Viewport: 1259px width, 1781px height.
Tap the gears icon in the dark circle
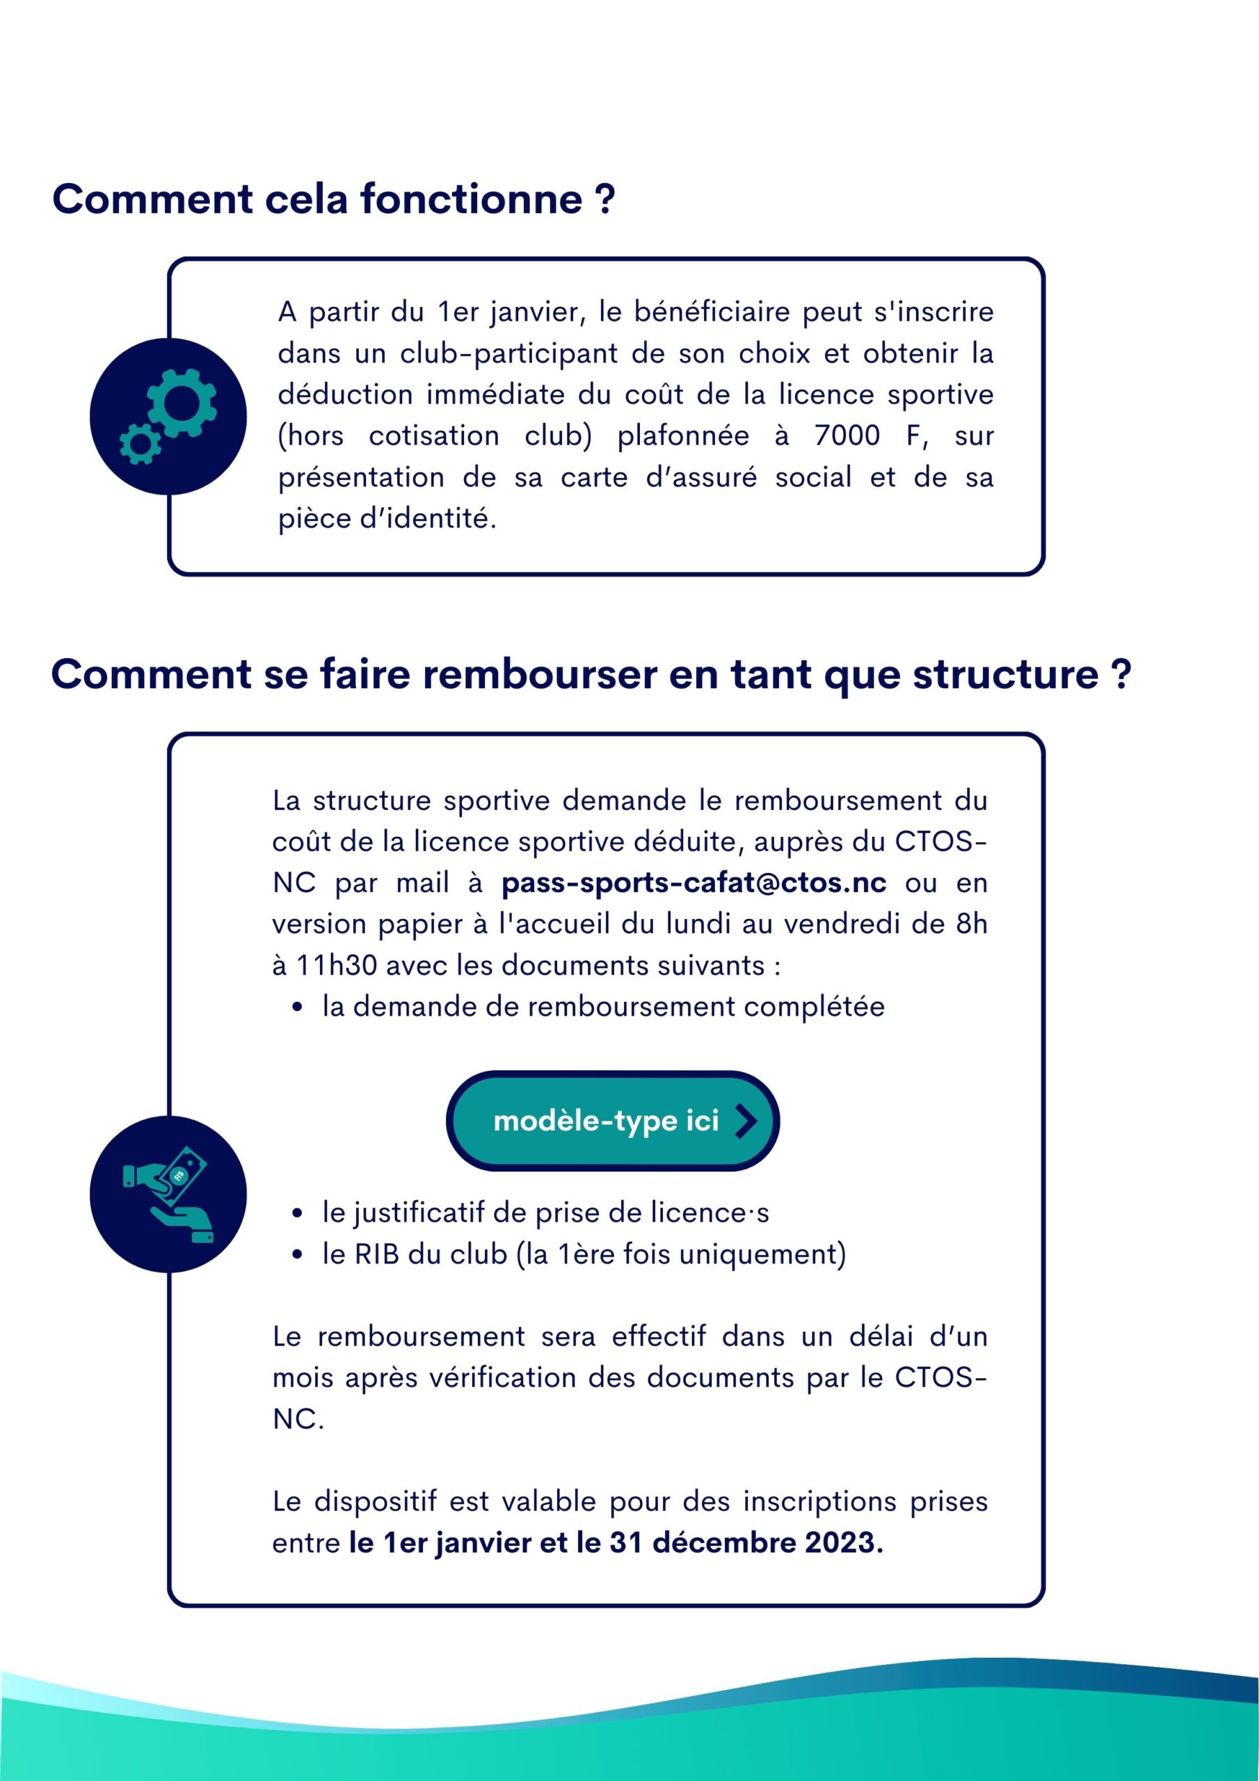[x=168, y=417]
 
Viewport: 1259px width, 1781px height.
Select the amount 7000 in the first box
[x=847, y=436]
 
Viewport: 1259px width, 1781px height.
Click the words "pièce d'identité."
[x=386, y=519]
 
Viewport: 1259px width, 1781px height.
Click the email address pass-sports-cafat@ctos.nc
[x=693, y=883]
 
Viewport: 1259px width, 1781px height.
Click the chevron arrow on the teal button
[x=746, y=1121]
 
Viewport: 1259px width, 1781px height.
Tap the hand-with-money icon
[x=168, y=1195]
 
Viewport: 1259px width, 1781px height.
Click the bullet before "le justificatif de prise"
[x=297, y=1213]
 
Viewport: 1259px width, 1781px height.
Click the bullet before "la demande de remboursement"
[x=297, y=1007]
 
